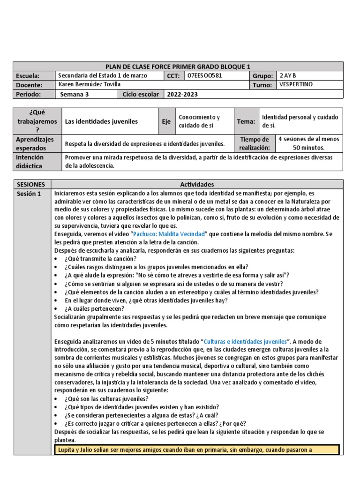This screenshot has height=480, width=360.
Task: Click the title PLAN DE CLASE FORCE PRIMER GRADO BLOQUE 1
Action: pos(178,67)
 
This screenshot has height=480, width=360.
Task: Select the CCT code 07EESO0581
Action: pos(204,75)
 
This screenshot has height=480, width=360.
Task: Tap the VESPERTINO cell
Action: pos(295,84)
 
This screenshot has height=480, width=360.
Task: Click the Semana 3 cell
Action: pos(75,94)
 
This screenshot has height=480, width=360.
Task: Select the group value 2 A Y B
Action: pos(288,75)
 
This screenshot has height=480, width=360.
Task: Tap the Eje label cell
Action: pos(166,121)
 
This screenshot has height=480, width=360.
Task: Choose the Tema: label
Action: pos(246,121)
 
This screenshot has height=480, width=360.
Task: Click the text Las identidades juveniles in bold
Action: pos(101,121)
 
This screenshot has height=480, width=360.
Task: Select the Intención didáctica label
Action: pos(30,161)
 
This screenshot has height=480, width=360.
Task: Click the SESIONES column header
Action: pos(30,184)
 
